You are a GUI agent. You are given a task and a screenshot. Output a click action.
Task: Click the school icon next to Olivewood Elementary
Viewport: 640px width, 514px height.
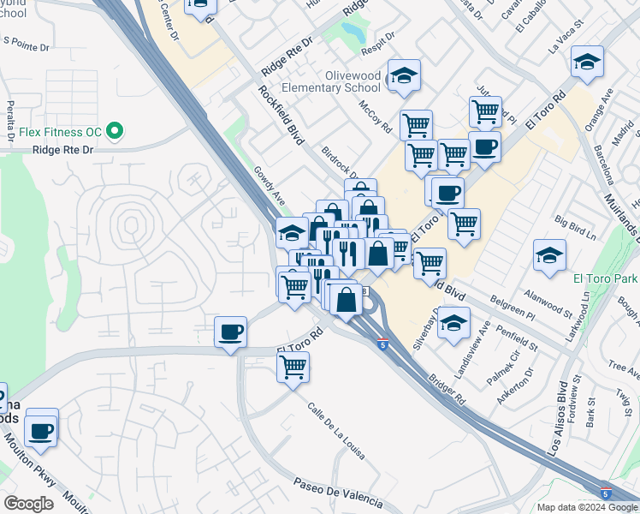404,75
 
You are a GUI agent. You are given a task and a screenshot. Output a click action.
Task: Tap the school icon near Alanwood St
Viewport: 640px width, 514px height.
549,254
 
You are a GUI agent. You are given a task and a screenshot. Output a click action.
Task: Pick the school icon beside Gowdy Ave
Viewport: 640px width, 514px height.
292,232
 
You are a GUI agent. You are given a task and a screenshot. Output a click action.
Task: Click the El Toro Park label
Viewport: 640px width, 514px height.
607,279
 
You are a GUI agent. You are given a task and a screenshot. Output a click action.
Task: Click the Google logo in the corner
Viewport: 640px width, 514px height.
28,503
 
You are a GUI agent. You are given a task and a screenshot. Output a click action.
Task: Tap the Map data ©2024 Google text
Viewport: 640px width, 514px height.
588,507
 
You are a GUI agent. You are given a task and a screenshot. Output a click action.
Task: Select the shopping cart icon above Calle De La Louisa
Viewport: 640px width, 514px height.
293,368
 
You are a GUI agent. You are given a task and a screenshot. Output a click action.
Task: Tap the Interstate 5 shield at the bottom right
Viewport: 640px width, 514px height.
606,494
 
